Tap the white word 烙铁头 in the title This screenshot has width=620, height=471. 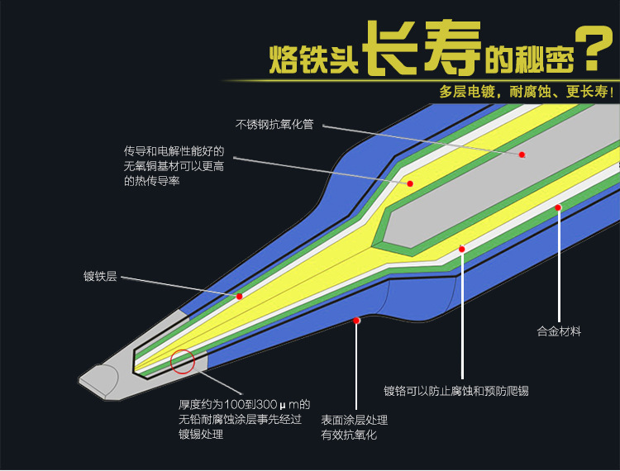click(x=314, y=56)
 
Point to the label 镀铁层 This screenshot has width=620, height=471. click(x=100, y=277)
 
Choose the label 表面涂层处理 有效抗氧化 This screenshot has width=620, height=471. click(x=354, y=427)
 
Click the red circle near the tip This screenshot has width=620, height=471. click(x=182, y=361)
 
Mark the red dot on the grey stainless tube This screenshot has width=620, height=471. click(x=522, y=155)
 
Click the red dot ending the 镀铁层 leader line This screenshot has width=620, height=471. click(x=239, y=296)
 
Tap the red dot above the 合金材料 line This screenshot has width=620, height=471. click(x=558, y=207)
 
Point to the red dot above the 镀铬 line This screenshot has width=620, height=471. click(x=462, y=249)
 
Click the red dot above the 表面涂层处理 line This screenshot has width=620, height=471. click(x=356, y=320)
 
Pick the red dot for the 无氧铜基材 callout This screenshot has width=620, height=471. click(x=409, y=183)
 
